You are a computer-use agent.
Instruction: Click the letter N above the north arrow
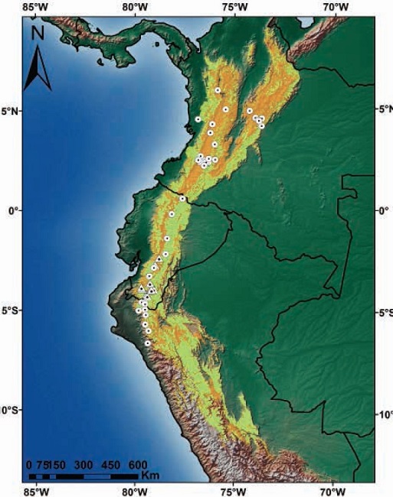tap(37, 34)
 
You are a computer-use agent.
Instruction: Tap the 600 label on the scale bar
tap(137, 464)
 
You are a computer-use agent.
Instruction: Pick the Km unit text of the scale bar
tap(150, 476)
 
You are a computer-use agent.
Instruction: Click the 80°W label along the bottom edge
tap(135, 490)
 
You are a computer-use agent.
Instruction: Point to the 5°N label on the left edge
tap(11, 110)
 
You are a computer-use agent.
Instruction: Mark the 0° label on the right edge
tap(385, 210)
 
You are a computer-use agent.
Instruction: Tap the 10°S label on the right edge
tap(385, 414)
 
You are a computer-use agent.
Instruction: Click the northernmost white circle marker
tap(218, 90)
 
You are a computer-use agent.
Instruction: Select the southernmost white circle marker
tap(147, 343)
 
